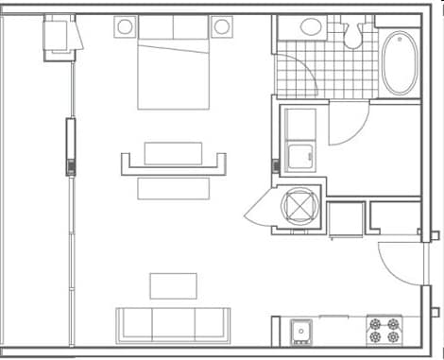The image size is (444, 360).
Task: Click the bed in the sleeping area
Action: tap(173, 66)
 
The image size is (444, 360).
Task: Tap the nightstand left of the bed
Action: tap(126, 26)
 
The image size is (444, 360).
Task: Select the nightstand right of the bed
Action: tap(222, 26)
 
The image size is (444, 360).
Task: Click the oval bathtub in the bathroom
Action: tap(399, 63)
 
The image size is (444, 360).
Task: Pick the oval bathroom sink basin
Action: tap(313, 26)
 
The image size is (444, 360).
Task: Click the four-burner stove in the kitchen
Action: tap(384, 330)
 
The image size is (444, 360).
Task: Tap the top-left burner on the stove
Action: tap(376, 323)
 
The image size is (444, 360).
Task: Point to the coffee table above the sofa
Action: tap(173, 285)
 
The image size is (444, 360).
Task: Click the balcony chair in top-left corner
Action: tap(60, 37)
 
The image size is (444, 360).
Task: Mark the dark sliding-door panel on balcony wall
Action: tap(69, 146)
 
